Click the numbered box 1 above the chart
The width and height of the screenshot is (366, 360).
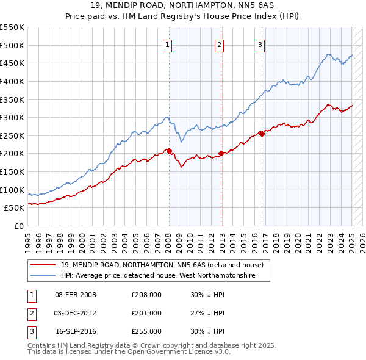pos(167,44)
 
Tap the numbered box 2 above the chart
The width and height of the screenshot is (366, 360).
pos(219,44)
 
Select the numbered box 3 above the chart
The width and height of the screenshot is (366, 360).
pos(260,44)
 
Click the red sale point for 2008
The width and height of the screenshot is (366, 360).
pos(169,151)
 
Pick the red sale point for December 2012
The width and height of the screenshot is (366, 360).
pos(221,153)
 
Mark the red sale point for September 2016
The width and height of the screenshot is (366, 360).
pos(262,134)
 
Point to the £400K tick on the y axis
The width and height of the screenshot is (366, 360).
pos(13,81)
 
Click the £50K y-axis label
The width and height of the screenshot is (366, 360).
pos(15,208)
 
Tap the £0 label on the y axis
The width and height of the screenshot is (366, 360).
pos(19,226)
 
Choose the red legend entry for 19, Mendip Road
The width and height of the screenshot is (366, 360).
pos(162,265)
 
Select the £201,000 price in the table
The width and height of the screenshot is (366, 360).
pos(146,313)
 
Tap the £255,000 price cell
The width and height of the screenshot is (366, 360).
pos(146,331)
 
